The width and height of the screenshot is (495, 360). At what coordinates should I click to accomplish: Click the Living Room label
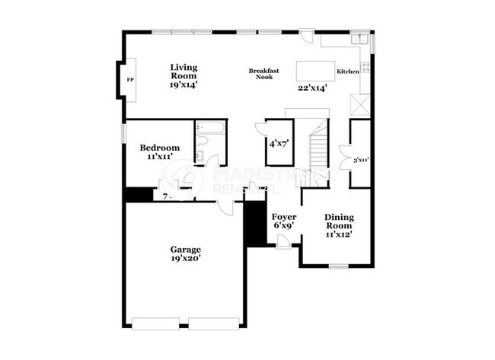tap(184, 72)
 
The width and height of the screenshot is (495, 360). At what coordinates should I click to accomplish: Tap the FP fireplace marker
tap(129, 79)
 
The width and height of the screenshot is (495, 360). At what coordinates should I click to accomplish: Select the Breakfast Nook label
tap(264, 74)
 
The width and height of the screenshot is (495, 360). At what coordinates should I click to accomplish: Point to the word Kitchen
tap(348, 72)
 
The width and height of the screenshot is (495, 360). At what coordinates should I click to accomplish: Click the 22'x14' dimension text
tap(312, 88)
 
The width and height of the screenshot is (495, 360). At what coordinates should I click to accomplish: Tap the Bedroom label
tap(160, 148)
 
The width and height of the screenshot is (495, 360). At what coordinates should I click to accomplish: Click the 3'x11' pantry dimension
tap(361, 160)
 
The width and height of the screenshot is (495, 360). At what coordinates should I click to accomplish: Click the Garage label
tap(185, 249)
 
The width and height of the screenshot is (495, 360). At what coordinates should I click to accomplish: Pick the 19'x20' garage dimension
tap(185, 258)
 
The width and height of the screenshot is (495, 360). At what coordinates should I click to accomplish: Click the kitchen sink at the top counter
tap(361, 40)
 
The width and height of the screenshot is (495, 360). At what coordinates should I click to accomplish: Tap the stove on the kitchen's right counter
tap(366, 66)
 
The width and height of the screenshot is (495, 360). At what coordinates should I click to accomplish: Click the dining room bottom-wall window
tap(338, 266)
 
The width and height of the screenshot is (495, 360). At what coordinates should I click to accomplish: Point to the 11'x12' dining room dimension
tap(339, 235)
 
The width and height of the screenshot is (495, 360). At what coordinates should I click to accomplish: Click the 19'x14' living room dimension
tap(184, 85)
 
